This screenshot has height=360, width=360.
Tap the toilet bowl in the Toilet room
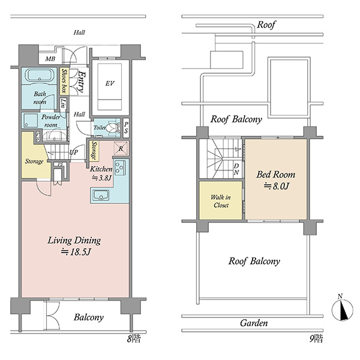coord(113,128)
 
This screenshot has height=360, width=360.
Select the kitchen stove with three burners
coord(120,167)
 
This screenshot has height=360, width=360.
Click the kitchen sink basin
coord(101,195)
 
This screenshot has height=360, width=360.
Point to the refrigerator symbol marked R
coord(121,148)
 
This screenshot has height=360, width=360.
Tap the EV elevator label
coord(110,83)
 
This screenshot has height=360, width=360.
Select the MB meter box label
coord(50,59)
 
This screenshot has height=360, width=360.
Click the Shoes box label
coord(64,81)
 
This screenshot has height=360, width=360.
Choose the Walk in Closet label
coord(221,201)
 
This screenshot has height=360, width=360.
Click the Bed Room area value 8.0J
coord(276,186)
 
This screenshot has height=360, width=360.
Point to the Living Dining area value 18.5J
coord(76,252)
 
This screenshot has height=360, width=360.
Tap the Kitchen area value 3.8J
coord(102,178)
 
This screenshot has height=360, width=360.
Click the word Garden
coord(254,323)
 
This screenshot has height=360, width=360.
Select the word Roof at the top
coord(266,25)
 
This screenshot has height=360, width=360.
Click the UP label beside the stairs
coord(74,152)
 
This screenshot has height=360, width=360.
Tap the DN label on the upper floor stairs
coord(236,169)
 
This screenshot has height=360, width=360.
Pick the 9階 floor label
coord(316,339)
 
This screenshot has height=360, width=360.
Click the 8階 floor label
coord(134,339)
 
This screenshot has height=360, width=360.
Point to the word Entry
coord(81,82)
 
